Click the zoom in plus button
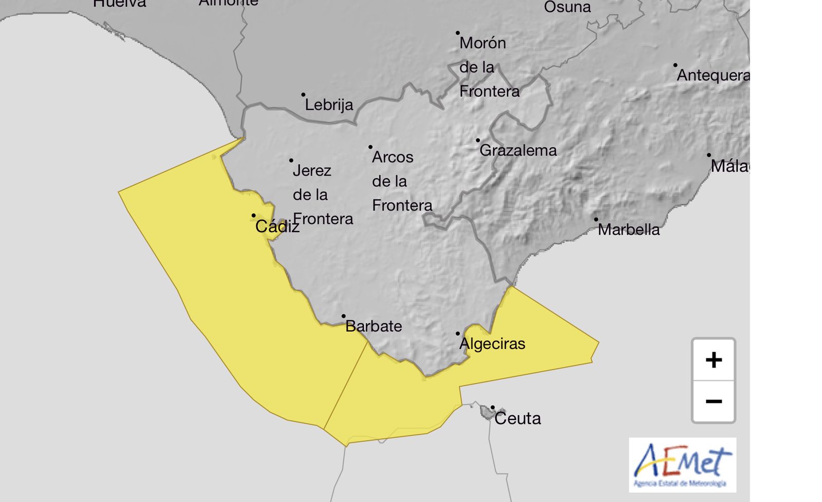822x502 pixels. [714, 360]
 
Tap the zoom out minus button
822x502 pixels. [714, 401]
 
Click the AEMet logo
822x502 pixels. [682, 465]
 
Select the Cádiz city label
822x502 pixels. [277, 226]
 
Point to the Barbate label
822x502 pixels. [373, 326]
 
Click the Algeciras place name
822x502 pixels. [492, 343]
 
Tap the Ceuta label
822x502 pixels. [517, 418]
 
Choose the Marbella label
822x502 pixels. [629, 229]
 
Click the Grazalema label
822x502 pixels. [518, 150]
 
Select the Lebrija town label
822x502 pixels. [329, 105]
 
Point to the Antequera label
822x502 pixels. [713, 75]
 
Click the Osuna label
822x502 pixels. [567, 7]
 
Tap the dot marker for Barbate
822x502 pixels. [344, 316]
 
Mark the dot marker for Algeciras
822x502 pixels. [458, 334]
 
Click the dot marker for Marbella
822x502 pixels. [596, 219]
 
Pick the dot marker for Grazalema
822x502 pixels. [478, 140]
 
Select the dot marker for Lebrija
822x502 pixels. [303, 94]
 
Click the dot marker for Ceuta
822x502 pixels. [493, 408]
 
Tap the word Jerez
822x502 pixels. [312, 170]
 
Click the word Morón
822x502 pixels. [482, 43]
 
